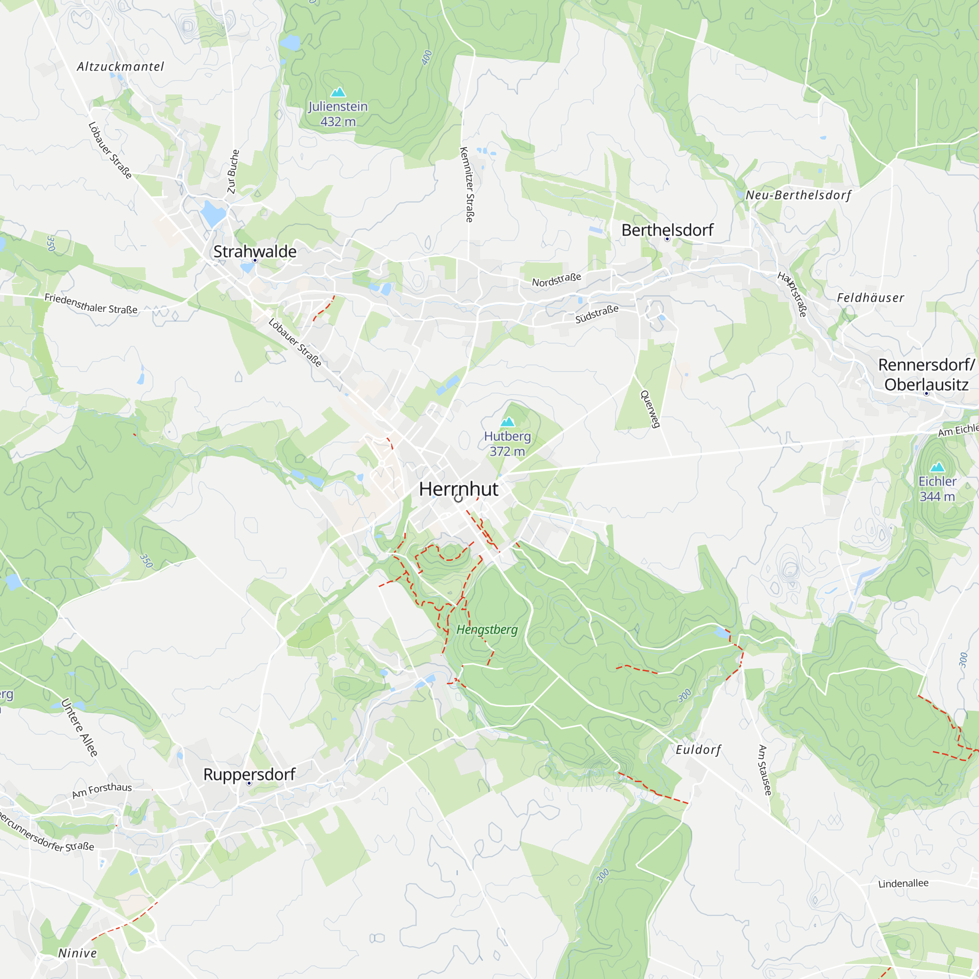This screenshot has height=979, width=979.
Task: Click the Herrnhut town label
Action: tap(459, 489)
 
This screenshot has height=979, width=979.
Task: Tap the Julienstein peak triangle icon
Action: tap(338, 92)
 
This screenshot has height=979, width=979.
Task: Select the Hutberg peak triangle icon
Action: tap(507, 421)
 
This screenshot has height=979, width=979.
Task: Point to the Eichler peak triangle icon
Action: tap(937, 466)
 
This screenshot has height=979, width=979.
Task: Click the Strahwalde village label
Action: tap(255, 251)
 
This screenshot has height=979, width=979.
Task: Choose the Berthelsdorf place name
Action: tap(667, 230)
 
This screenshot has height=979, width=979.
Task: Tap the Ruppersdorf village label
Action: tap(249, 774)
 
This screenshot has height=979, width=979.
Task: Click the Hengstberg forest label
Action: tap(487, 630)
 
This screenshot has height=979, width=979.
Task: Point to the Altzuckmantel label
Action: tap(120, 67)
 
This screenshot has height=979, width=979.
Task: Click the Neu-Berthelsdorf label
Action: tap(798, 195)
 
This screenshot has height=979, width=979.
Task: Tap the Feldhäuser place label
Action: tap(870, 298)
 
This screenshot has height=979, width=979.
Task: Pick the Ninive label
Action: tap(77, 953)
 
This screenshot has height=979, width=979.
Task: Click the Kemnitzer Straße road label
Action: tap(466, 185)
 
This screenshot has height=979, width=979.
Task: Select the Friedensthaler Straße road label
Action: tap(91, 303)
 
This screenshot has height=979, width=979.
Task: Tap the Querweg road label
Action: tap(651, 409)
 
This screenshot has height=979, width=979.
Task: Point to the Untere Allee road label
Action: tap(80, 728)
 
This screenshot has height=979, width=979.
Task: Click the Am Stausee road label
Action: tap(765, 770)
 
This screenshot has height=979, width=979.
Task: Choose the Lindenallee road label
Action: tap(904, 884)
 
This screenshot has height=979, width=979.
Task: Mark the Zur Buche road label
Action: tap(233, 171)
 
